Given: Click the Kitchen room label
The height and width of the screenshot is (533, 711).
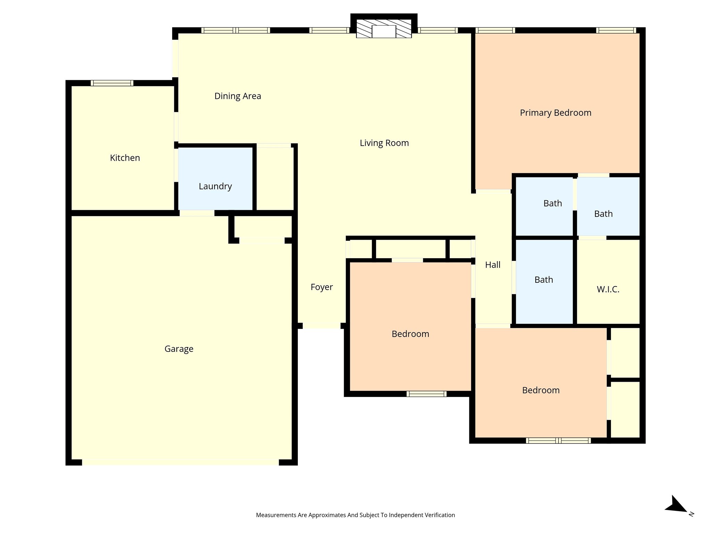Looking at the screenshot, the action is point(125,158).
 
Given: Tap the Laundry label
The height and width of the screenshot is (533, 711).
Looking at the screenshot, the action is point(215,187).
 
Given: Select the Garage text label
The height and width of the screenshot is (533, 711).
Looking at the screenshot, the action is point(179,349).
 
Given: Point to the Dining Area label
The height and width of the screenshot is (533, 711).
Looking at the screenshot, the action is point(238,96).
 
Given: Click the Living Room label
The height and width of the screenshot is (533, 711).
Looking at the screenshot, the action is point(384,143).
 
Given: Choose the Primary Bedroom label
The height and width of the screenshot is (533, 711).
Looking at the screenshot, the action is point(555,113).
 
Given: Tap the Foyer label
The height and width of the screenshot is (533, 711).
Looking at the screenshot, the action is point(322,287).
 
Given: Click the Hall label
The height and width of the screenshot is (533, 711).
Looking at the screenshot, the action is point(493,265).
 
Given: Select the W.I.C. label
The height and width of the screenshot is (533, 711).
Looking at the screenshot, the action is point(608,289).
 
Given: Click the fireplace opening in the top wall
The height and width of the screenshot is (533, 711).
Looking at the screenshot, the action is point(384,31).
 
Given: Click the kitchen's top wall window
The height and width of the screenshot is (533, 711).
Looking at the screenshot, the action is point(112,83).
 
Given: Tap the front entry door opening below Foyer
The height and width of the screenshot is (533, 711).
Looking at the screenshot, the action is point(321,326).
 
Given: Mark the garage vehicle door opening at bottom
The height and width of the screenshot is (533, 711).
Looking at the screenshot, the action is point(181,463).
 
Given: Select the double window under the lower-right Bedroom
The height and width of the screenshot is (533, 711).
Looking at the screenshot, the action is point(558,441).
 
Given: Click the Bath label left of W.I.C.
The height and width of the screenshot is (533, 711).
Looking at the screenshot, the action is point(544,280).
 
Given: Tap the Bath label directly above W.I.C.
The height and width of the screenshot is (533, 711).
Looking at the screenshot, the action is point(603,214).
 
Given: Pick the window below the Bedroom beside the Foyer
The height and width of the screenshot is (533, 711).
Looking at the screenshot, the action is point(426,394).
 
